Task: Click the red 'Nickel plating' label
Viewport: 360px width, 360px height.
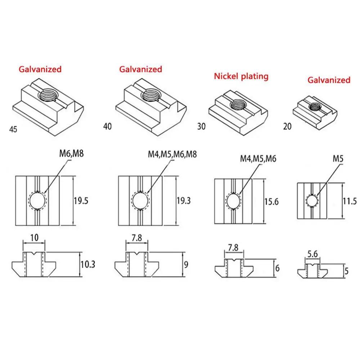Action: [x=241, y=76]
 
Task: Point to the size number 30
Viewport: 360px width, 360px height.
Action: [x=202, y=126]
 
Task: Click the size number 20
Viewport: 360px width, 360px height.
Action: [x=287, y=127]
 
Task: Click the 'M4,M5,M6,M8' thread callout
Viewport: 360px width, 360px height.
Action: [x=172, y=154]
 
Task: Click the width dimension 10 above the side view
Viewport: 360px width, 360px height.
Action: [x=34, y=238]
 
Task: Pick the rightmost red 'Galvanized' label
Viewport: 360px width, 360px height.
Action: [x=329, y=80]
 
